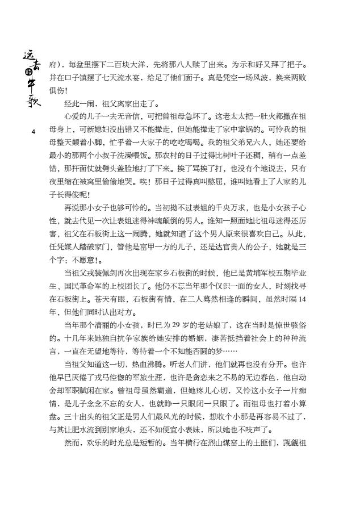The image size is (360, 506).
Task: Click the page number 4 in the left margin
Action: point(34,132)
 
